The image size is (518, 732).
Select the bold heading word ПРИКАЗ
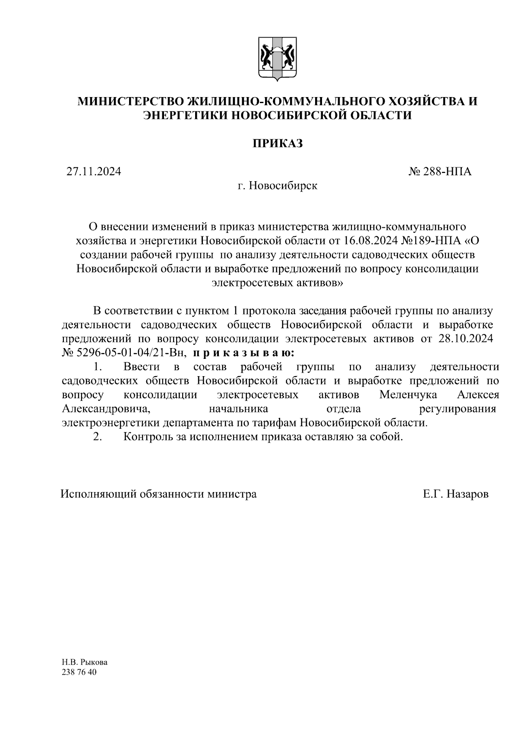coord(277,143)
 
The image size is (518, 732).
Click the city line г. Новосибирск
coord(277,186)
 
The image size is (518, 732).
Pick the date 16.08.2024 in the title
coord(371,240)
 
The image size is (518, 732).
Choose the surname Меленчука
coord(408,395)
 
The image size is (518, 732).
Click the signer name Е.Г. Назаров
coord(456,494)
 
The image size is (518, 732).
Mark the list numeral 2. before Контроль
coord(98,437)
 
